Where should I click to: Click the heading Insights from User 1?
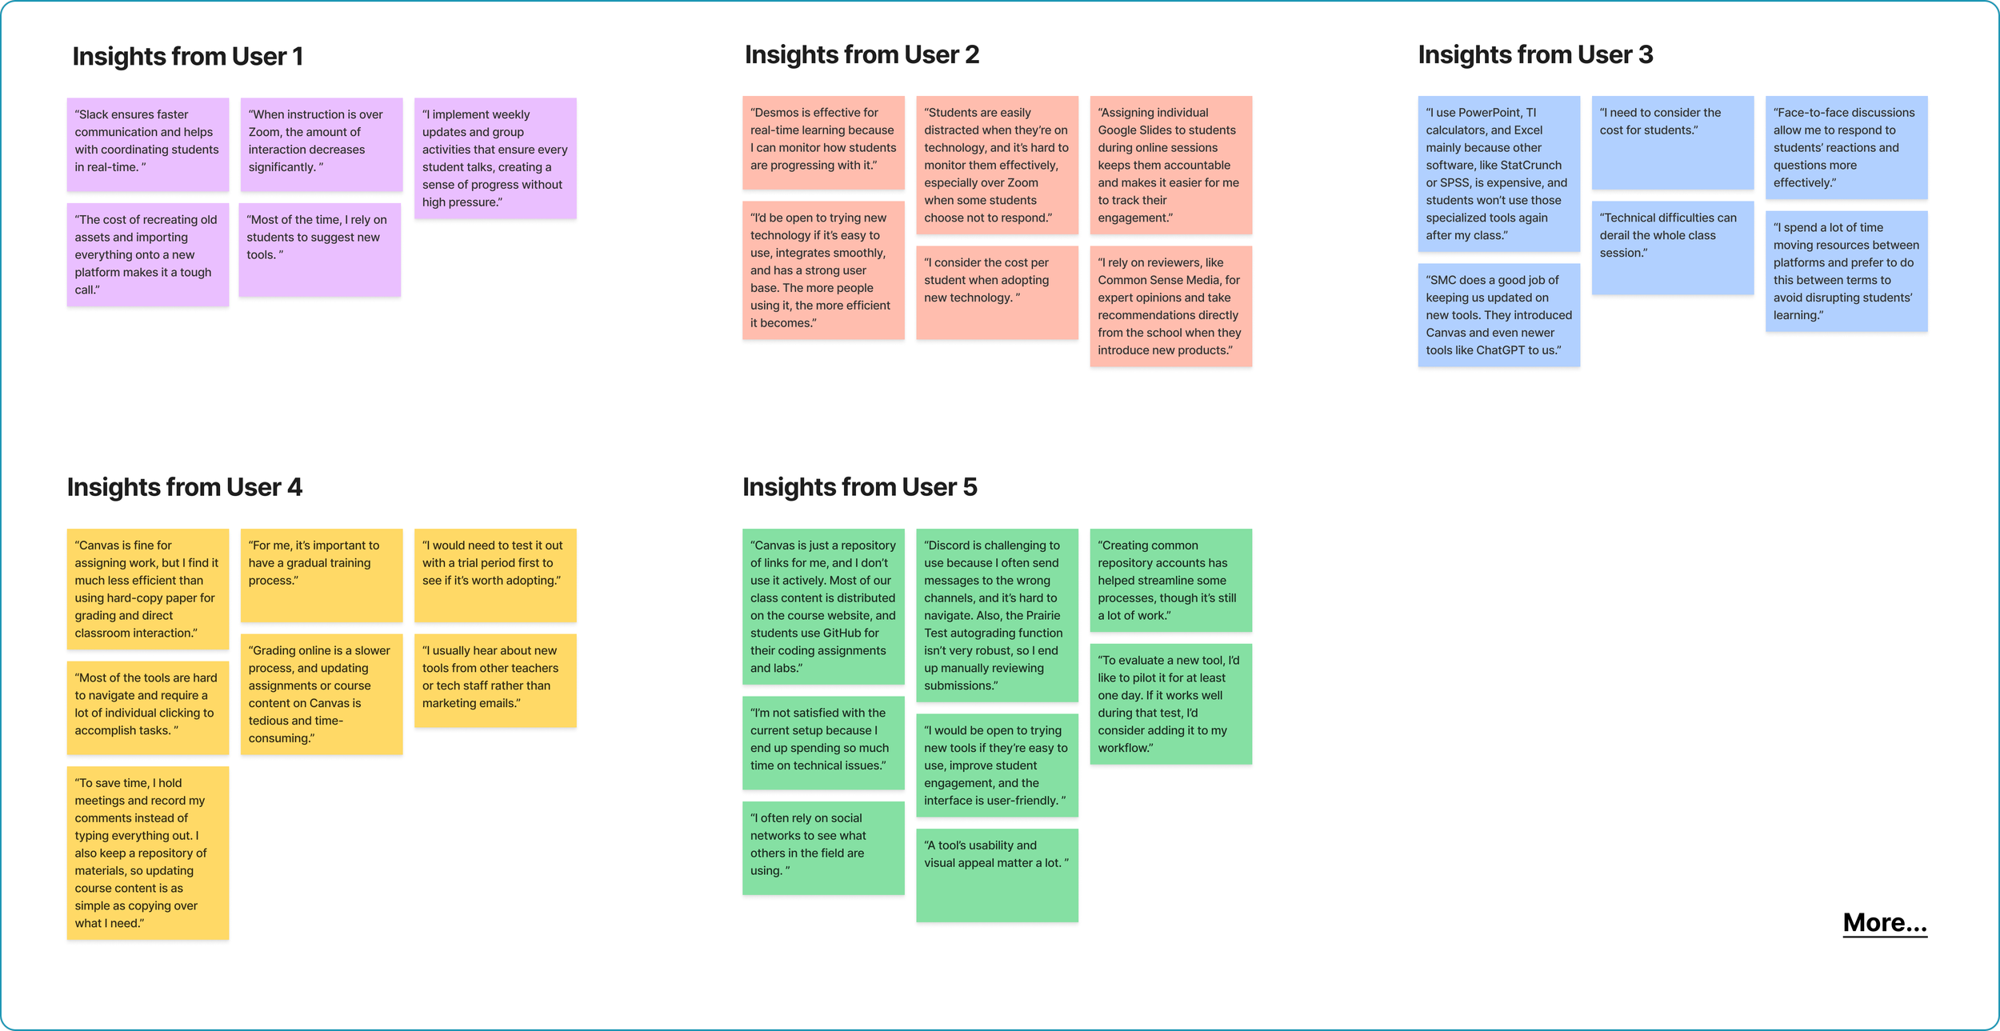pos(187,57)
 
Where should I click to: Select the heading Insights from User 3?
pos(1535,55)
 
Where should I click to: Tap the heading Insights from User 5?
pos(859,487)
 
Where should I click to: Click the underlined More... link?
pos(1884,923)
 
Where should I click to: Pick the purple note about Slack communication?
pos(147,144)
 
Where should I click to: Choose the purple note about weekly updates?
pos(495,158)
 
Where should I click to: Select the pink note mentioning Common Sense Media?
pos(1170,306)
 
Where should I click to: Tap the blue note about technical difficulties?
pos(1672,248)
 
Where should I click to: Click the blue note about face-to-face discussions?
pos(1846,148)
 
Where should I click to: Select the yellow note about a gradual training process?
pos(321,574)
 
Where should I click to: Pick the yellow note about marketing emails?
pos(495,680)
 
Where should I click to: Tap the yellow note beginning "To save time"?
pos(147,853)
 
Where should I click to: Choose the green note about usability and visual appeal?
pos(997,874)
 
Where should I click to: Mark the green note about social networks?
pos(822,847)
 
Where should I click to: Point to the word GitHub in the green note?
pos(850,633)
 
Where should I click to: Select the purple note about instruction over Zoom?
pos(321,144)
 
